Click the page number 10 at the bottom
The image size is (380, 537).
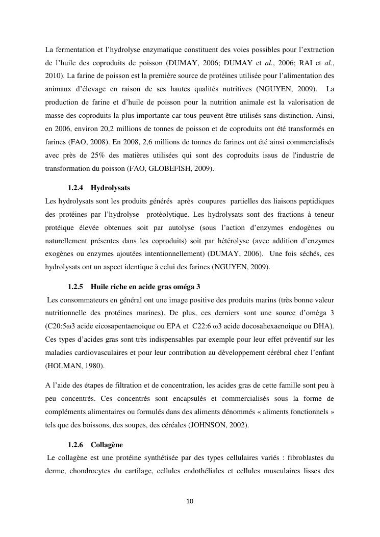click(x=190, y=501)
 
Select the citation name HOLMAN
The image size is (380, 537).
click(x=61, y=365)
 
